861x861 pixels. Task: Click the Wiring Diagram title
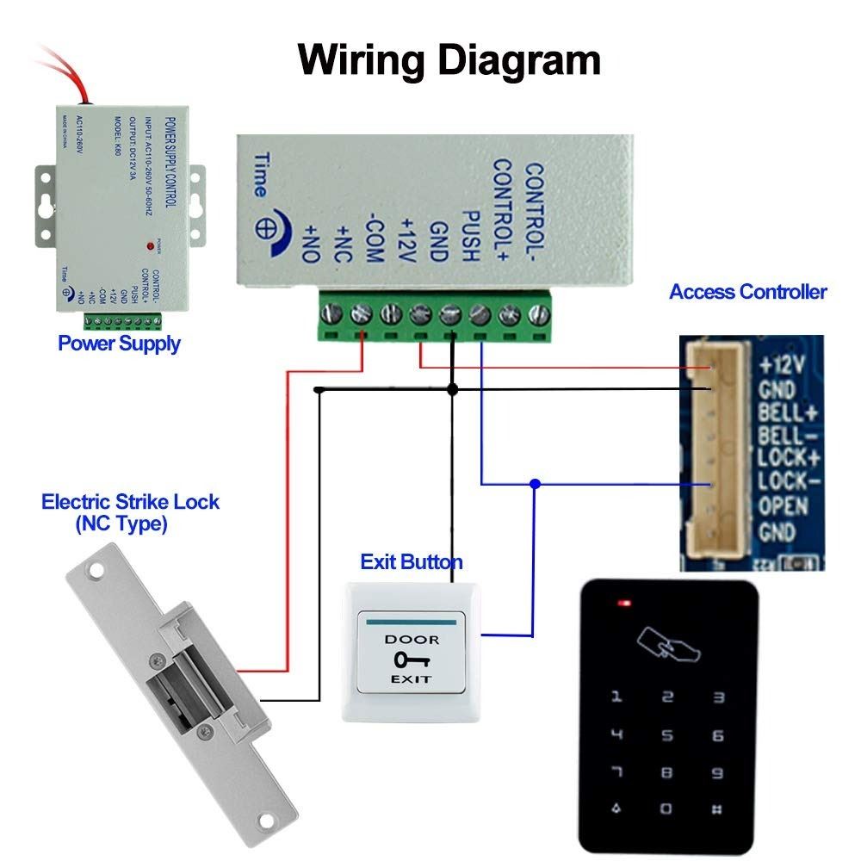tap(449, 60)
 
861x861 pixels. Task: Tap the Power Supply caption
tap(119, 344)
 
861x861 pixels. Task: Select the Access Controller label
tap(747, 292)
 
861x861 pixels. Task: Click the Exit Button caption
tap(411, 562)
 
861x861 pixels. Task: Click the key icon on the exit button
tap(410, 660)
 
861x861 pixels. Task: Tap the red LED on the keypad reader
tap(621, 603)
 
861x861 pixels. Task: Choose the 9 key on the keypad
tap(718, 773)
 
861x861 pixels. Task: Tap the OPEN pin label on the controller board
tap(782, 505)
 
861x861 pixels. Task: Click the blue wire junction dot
tap(536, 484)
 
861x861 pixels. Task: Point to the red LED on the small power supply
tap(151, 246)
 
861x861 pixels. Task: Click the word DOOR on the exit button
tap(411, 640)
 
